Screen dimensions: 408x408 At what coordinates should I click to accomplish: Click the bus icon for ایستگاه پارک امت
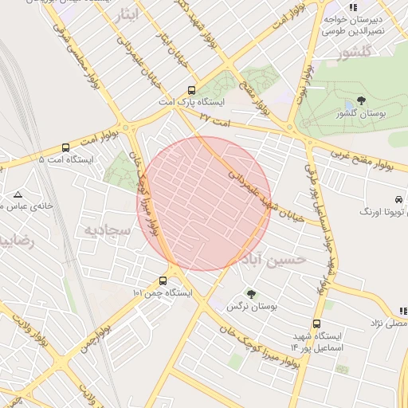[191, 91]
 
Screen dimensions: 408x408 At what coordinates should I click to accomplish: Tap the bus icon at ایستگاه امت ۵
[65, 147]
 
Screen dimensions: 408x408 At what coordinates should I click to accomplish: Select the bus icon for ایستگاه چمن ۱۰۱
[163, 280]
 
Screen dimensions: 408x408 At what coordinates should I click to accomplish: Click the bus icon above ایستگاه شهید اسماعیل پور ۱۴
[317, 324]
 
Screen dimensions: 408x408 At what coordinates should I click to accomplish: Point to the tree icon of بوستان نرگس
[251, 294]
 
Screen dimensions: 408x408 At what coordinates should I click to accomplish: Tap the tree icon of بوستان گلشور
[361, 101]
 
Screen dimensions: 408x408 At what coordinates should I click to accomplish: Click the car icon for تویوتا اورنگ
[398, 199]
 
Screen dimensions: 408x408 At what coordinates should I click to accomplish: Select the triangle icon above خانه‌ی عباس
[18, 194]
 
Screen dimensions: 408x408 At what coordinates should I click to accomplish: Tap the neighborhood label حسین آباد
[274, 260]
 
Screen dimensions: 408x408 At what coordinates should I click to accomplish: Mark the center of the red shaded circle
[204, 203]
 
